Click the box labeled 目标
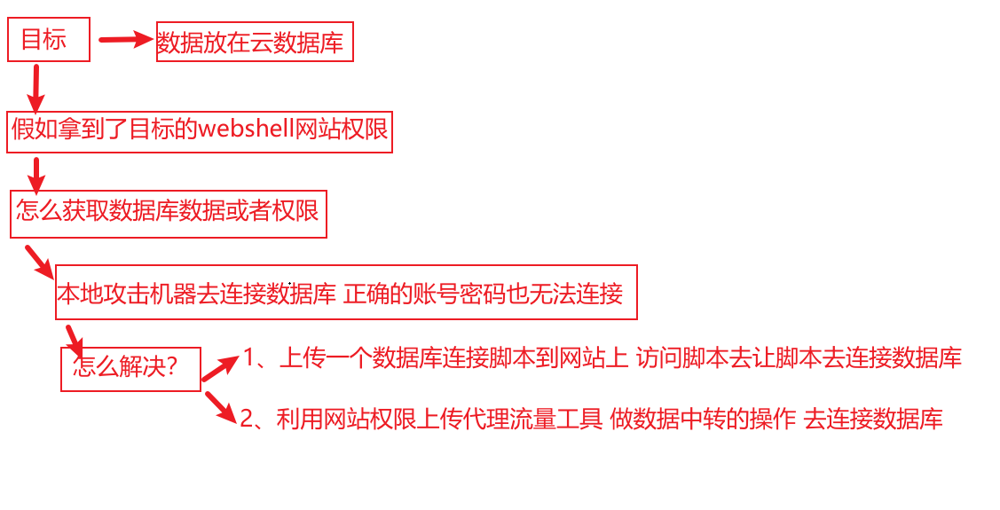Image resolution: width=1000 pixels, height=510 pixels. coord(49,41)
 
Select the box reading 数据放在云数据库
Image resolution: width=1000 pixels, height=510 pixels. coord(255,42)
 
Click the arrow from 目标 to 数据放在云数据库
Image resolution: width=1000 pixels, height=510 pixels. coord(125,39)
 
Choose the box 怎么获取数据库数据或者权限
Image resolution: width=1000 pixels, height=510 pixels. coord(169,213)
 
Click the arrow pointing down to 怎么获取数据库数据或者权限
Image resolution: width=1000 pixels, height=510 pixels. coord(35,175)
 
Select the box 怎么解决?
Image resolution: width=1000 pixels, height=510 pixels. coord(130,368)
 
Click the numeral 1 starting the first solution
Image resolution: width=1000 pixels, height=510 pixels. coord(249,357)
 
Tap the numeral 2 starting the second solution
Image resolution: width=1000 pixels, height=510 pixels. coord(247,419)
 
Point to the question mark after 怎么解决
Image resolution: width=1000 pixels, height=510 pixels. coord(171,367)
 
